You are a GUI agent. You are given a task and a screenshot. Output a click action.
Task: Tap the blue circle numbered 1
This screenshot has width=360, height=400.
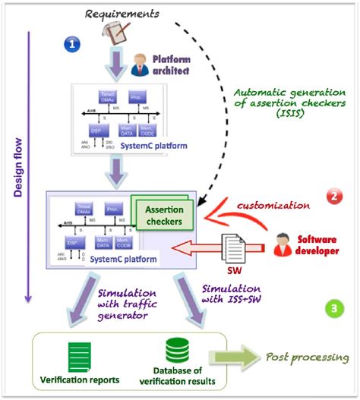click(71, 44)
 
